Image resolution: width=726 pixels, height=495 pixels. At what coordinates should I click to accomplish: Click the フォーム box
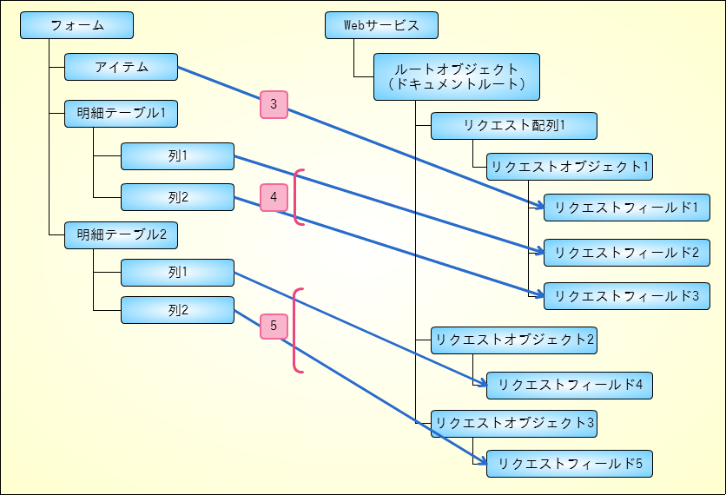click(76, 25)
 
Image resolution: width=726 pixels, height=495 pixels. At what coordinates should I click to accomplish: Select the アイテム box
click(121, 67)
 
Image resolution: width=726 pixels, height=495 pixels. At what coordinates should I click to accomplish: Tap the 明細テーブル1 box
click(121, 113)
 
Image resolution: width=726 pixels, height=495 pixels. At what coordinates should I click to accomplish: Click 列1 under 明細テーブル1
click(177, 156)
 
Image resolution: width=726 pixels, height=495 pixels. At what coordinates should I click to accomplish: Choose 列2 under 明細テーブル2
click(177, 310)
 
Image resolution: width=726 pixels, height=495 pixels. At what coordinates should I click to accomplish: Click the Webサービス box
click(381, 25)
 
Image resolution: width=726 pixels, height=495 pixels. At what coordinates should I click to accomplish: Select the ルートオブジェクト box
click(457, 76)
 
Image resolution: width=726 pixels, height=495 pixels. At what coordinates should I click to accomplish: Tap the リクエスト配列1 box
click(514, 125)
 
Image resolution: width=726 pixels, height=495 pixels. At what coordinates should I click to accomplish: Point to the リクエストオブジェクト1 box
click(570, 167)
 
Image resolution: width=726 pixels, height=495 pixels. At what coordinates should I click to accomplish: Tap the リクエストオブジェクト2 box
click(514, 340)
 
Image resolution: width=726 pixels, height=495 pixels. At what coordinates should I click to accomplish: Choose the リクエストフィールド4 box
click(570, 385)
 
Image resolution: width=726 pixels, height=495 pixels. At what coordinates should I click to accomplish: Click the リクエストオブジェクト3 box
click(514, 424)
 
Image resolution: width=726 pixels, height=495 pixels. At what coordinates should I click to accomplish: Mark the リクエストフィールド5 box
click(570, 464)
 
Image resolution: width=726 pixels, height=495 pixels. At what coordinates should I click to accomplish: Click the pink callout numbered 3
click(274, 105)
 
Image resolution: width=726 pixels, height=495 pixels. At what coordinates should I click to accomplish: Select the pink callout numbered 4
click(274, 198)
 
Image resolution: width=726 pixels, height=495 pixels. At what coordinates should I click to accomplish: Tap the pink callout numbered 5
click(274, 326)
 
